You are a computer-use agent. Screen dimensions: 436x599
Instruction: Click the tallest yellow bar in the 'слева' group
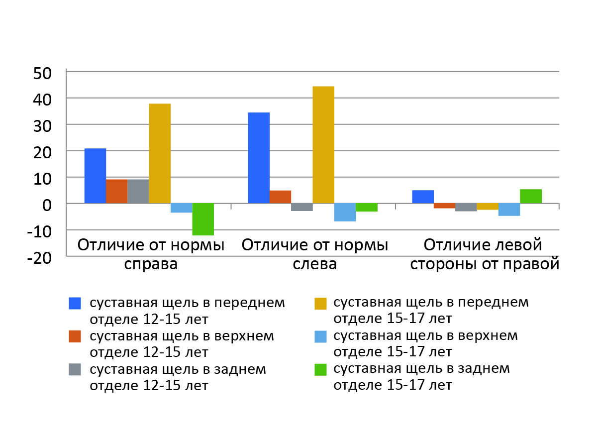[323, 144]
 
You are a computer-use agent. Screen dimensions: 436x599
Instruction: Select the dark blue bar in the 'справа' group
[95, 176]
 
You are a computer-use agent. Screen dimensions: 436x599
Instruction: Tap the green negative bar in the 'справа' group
[203, 219]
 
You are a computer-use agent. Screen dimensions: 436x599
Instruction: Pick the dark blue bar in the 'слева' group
[259, 158]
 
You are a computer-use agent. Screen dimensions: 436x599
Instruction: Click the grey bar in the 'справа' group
[138, 191]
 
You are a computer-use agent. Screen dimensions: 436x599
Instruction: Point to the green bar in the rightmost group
[530, 196]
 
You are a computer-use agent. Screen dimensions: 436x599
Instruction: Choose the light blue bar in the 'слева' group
[345, 212]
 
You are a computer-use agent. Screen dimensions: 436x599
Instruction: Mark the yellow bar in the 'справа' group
[160, 153]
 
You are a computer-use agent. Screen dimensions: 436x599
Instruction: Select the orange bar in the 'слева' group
[280, 197]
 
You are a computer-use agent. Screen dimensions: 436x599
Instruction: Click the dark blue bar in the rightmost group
[423, 197]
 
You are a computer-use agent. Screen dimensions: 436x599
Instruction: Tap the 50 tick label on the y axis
[42, 73]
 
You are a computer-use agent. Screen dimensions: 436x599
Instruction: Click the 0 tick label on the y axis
[47, 204]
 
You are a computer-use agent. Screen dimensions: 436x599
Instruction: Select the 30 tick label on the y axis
[42, 125]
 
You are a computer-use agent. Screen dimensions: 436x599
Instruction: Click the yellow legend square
[320, 304]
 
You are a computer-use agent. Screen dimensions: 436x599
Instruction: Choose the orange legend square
[75, 337]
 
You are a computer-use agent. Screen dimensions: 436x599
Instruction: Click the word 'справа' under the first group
[151, 264]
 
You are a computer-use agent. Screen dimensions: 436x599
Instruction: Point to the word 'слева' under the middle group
[314, 264]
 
